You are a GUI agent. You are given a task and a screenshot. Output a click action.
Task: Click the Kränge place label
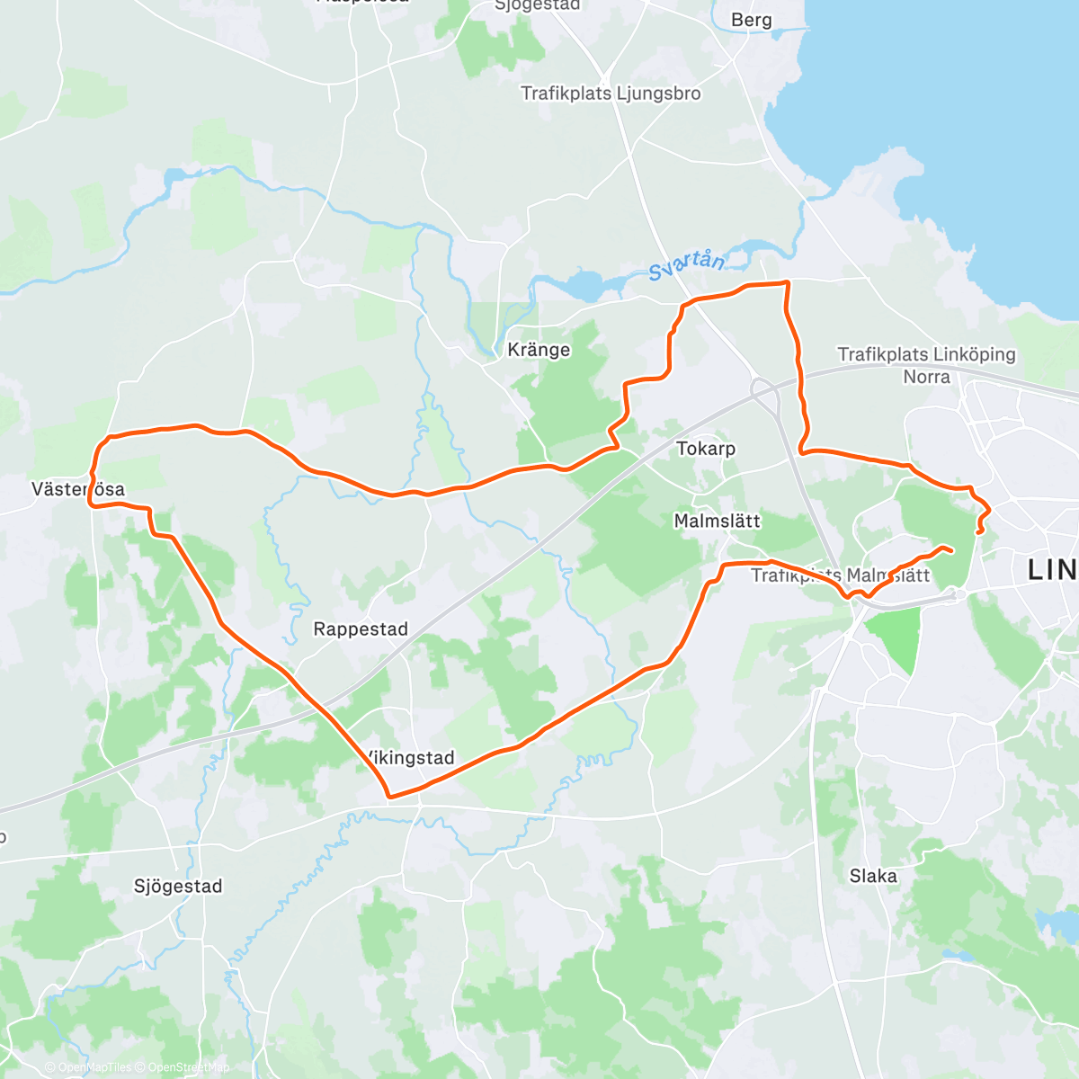click(539, 350)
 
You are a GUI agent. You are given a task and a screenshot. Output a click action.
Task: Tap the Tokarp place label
click(706, 448)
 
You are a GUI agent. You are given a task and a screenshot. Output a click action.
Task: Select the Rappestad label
click(361, 629)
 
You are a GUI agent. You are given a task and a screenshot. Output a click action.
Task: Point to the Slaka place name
click(873, 876)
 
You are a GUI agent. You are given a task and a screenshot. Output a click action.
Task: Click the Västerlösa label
click(78, 490)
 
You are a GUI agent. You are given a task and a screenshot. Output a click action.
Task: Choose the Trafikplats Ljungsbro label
click(611, 94)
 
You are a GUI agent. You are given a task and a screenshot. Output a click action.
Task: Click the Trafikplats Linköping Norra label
click(926, 365)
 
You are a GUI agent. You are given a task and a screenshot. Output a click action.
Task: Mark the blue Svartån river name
click(686, 264)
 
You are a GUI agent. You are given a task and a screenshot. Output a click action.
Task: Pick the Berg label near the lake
click(751, 21)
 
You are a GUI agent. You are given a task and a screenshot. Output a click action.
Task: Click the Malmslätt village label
click(717, 521)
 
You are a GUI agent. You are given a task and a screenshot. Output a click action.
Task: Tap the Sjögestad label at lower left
click(178, 887)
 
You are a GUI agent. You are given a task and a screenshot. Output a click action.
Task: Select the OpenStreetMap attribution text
click(189, 1067)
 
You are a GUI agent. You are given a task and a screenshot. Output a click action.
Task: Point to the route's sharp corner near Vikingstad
click(388, 796)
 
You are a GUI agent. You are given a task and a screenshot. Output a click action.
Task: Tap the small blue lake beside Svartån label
click(584, 286)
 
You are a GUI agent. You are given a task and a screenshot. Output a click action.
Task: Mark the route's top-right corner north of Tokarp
click(787, 283)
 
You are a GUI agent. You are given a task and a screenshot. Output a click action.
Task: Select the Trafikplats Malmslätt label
click(840, 575)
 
